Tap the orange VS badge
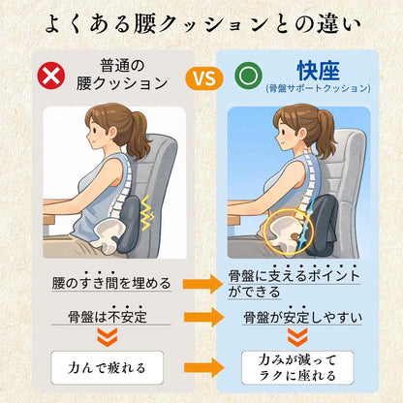click(200, 77)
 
